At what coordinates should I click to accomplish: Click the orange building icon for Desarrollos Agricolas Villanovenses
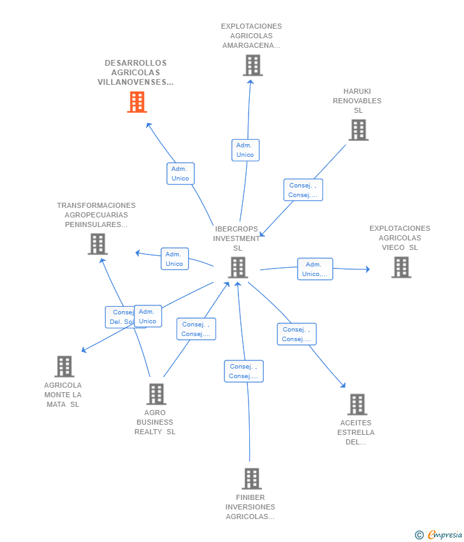[x=137, y=102]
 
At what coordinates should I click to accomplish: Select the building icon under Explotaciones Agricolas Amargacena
[x=252, y=65]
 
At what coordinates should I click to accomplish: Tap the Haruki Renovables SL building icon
[x=358, y=130]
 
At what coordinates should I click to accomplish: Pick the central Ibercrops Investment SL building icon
[x=238, y=268]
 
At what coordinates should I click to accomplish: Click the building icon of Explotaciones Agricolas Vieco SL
[x=401, y=268]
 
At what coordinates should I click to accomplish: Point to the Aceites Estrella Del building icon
[x=357, y=404]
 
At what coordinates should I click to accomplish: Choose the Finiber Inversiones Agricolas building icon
[x=252, y=479]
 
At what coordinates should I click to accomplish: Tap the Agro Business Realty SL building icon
[x=156, y=394]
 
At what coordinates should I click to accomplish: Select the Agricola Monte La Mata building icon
[x=64, y=367]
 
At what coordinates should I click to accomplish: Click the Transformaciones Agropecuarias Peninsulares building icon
[x=98, y=244]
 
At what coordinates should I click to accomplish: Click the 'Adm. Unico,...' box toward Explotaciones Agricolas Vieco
[x=315, y=269]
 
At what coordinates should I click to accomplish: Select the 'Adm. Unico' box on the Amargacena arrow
[x=245, y=150]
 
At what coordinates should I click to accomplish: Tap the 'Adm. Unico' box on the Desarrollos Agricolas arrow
[x=180, y=173]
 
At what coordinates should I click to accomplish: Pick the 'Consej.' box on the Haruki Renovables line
[x=303, y=190]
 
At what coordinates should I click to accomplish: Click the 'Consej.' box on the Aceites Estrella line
[x=296, y=334]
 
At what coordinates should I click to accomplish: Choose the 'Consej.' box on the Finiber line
[x=243, y=371]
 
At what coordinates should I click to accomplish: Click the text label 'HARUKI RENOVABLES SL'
[x=357, y=101]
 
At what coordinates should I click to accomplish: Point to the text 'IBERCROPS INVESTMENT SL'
[x=237, y=238]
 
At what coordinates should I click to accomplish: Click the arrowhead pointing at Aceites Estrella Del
[x=344, y=385]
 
